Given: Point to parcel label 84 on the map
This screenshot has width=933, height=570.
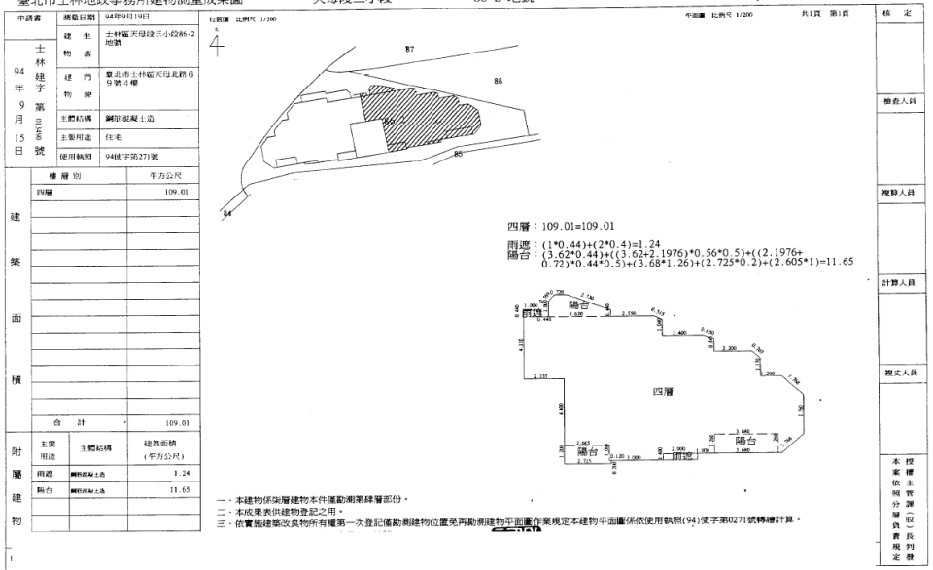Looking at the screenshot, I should pyautogui.click(x=227, y=212).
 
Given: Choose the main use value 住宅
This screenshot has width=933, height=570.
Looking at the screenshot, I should pyautogui.click(x=114, y=138).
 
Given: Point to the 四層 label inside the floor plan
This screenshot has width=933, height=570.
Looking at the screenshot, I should pyautogui.click(x=664, y=391).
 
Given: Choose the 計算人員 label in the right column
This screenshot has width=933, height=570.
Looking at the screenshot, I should pyautogui.click(x=903, y=283).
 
